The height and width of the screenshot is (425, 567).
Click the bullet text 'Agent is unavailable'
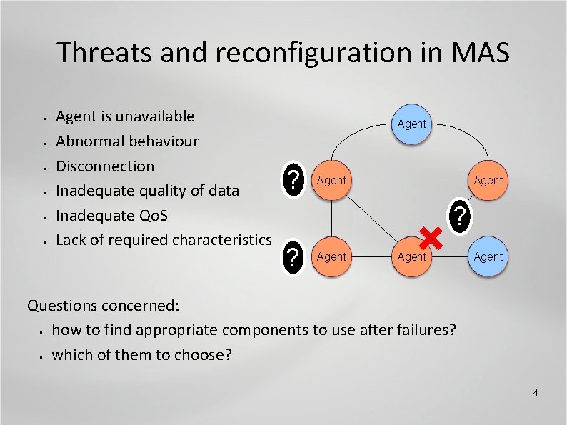(x=125, y=116)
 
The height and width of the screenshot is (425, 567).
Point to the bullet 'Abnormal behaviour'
(x=127, y=141)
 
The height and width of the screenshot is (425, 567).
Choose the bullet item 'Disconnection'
(x=105, y=166)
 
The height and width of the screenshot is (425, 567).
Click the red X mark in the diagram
(x=430, y=236)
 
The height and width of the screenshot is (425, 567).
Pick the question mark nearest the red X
(x=461, y=214)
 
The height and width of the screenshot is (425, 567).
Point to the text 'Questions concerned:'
(x=103, y=306)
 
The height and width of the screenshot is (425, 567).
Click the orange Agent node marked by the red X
(x=411, y=256)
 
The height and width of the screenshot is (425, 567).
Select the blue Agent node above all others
(x=411, y=124)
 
